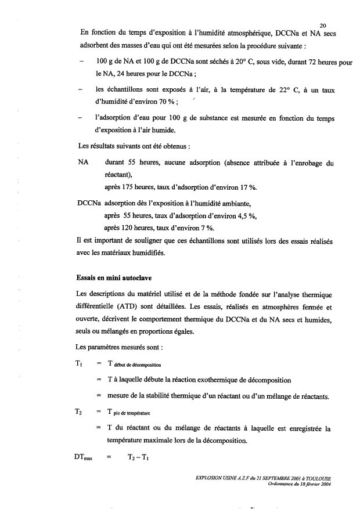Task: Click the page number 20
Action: pos(323,25)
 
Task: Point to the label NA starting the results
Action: pos(82,164)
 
